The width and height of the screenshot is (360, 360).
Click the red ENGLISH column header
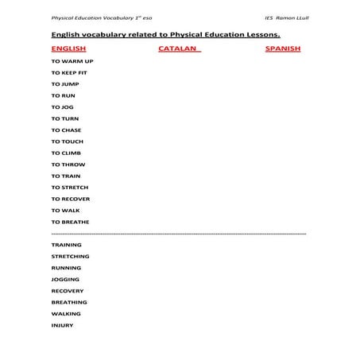[x=68, y=48]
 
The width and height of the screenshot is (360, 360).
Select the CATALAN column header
[x=179, y=48]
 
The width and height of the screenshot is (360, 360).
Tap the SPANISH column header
[x=283, y=48]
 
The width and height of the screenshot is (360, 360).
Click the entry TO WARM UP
[x=72, y=61]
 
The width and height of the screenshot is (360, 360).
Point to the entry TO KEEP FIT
[x=69, y=72]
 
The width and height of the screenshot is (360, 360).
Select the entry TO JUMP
[x=65, y=83]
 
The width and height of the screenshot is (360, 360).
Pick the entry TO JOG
[x=63, y=106]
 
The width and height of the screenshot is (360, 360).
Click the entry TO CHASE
[x=66, y=130]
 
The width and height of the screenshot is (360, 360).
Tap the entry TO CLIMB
[x=66, y=153]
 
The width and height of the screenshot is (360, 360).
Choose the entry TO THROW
[x=68, y=165]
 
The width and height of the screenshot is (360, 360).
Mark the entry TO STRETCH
[x=70, y=188]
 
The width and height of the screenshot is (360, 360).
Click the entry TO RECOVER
[x=70, y=199]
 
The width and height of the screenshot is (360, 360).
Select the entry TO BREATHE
[x=70, y=222]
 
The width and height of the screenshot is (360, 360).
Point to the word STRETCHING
[x=70, y=257]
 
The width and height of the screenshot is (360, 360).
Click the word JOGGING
[x=65, y=280]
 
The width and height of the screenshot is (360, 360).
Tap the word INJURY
[x=62, y=325]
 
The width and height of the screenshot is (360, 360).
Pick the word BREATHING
[x=69, y=302]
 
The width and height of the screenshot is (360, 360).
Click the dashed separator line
[x=179, y=234]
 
